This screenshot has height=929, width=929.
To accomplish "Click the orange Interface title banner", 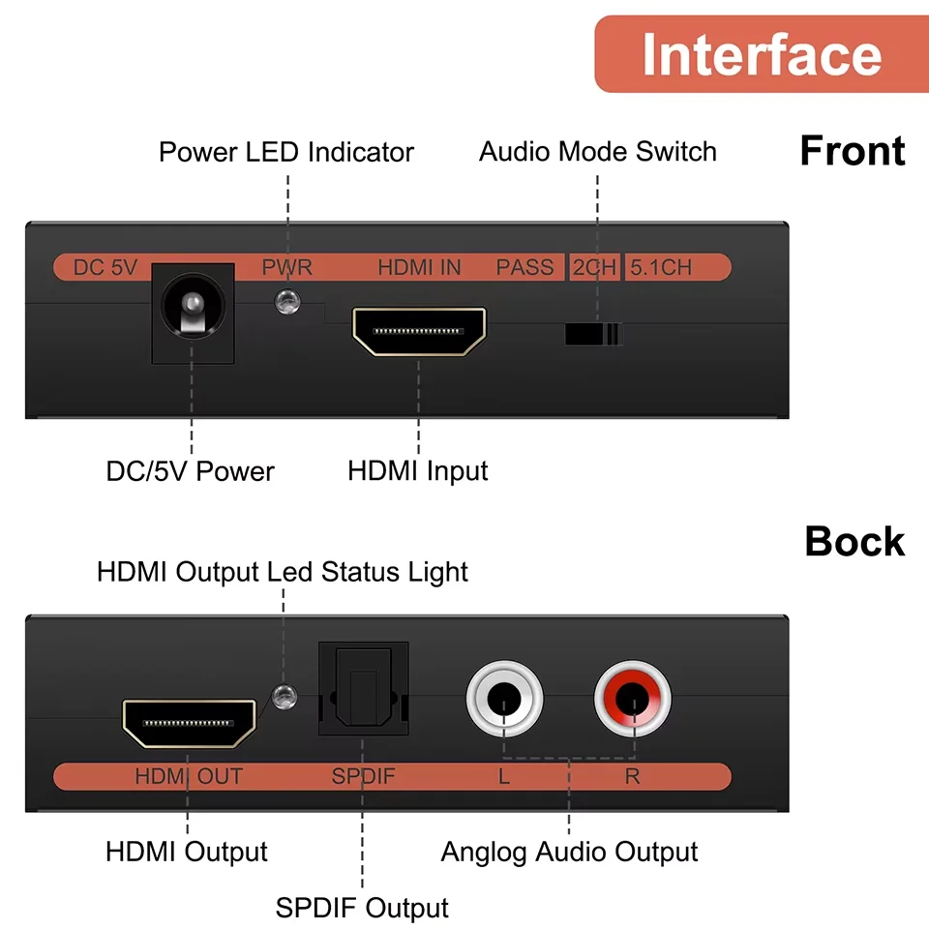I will coord(761,54).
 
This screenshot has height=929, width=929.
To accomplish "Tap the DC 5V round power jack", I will coord(193,314).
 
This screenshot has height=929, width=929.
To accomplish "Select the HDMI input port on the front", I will coord(418,331).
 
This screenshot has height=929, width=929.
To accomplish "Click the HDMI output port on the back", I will coord(189,724).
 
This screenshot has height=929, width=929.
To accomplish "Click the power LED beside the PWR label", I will coord(286,302).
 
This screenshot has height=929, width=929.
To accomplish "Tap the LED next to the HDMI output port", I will coord(283,696).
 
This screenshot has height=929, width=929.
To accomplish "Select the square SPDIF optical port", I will coord(363,689).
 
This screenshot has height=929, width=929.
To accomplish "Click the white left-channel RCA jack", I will coord(504,698).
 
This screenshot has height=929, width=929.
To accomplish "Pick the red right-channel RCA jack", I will coord(633,698).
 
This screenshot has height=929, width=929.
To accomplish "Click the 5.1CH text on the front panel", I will coord(661,268).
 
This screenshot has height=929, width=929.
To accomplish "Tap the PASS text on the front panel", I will coord(524,268).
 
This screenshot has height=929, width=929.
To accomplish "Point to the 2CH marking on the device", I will coord(593,268).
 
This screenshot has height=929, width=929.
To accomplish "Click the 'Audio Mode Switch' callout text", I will coord(597,152).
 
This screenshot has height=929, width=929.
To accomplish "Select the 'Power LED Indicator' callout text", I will coord(285,152).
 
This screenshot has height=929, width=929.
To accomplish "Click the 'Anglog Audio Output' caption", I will coord(569,853).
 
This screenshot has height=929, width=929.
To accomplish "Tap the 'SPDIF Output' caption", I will coord(362,909).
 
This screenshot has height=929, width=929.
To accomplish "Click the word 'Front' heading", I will coord(852,151).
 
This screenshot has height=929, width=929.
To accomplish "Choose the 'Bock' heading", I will coord(854,542).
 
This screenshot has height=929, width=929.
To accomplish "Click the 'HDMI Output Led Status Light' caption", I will coord(282,572).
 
